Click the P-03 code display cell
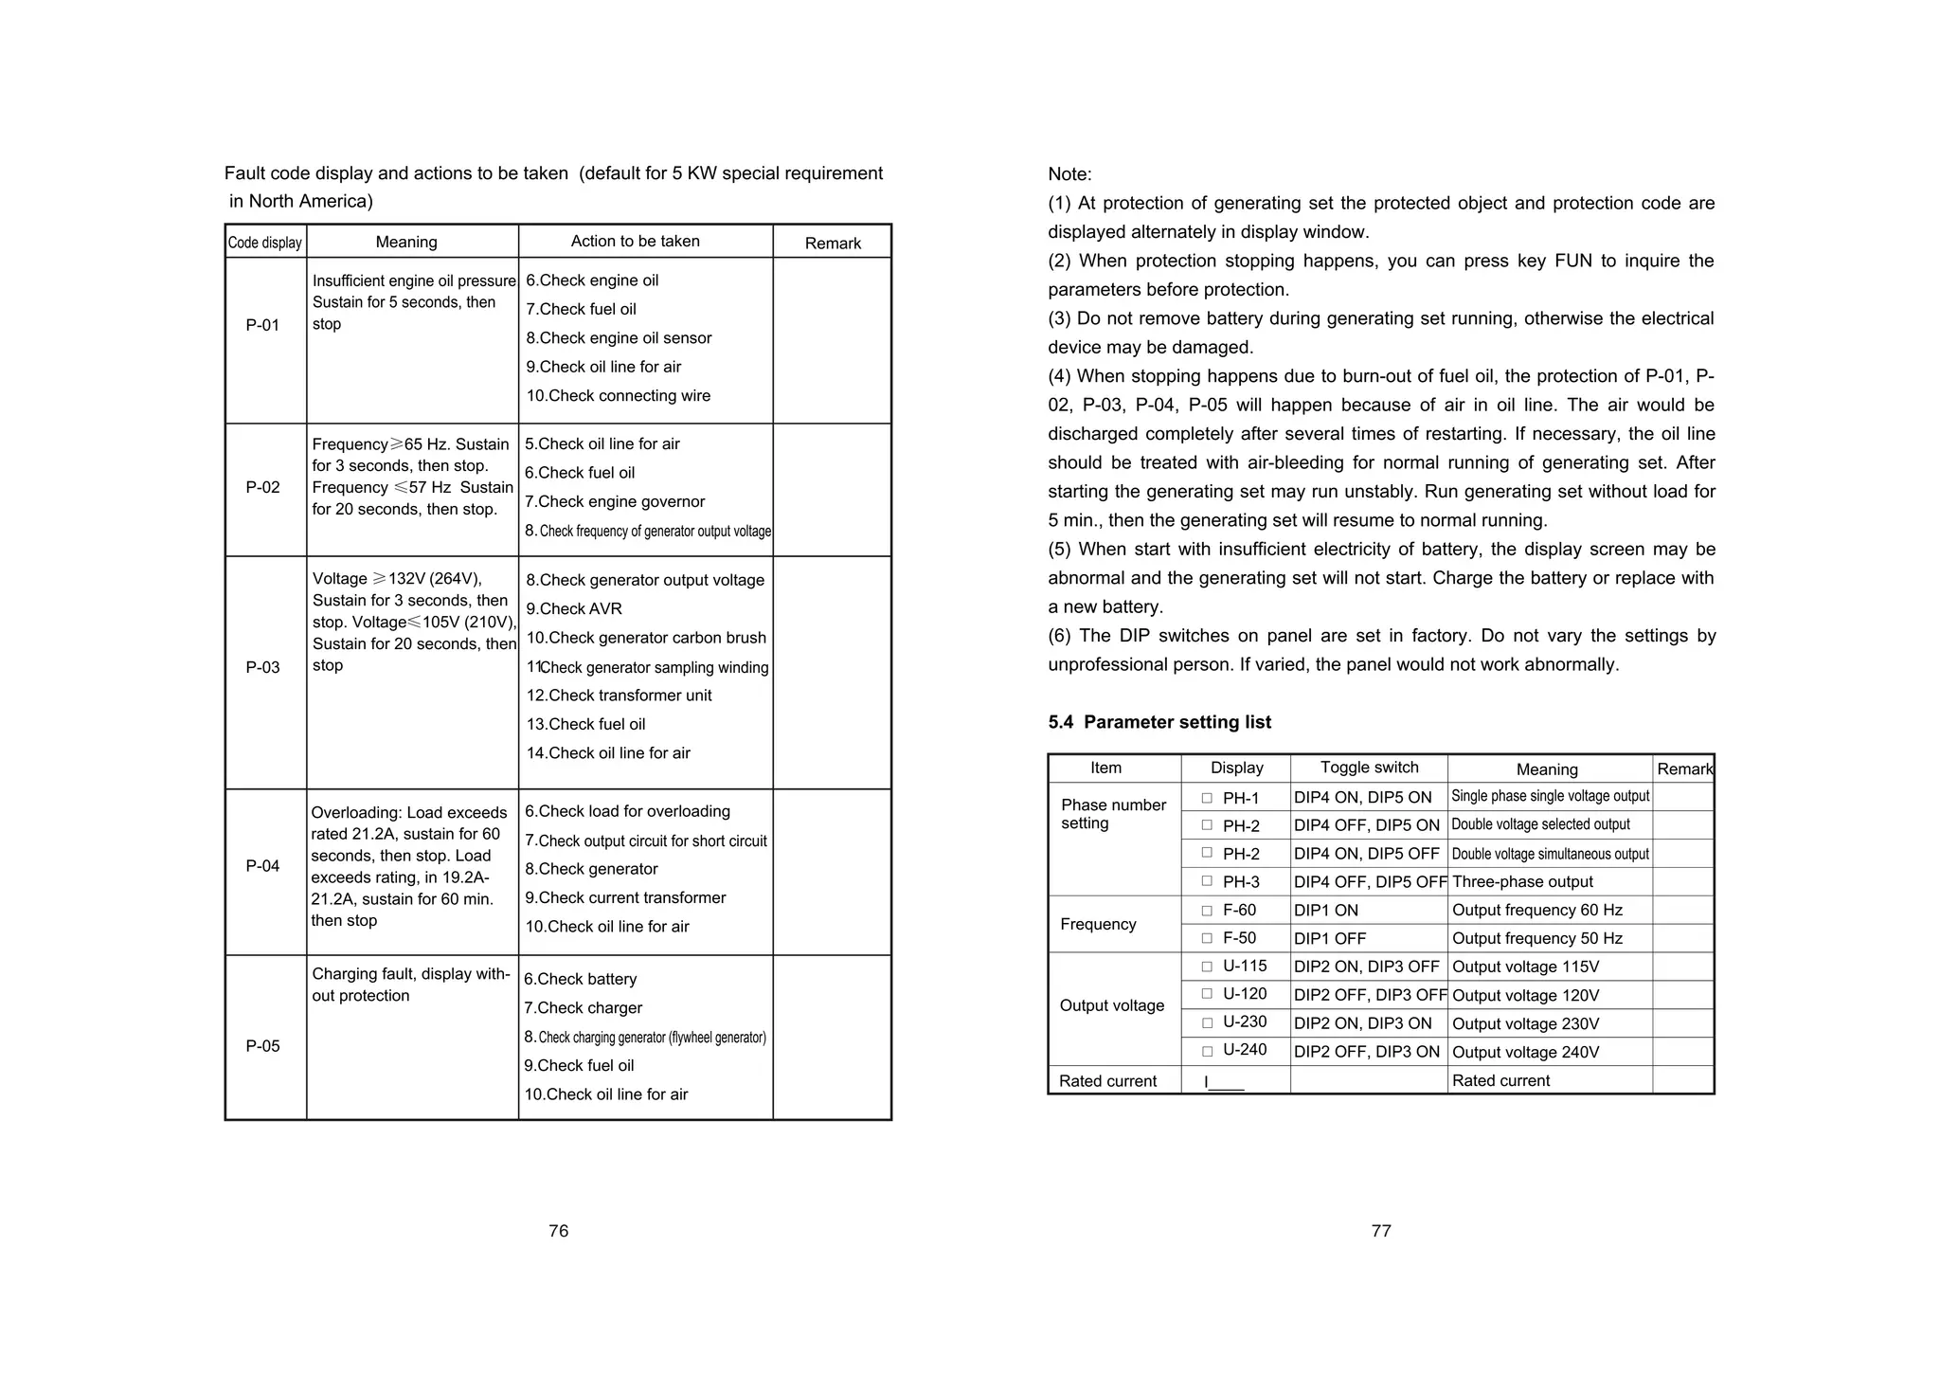click(263, 667)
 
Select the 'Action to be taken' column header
click(635, 242)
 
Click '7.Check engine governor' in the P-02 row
click(615, 502)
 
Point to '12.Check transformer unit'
click(619, 696)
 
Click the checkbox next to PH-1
click(1207, 798)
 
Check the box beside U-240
click(1207, 1051)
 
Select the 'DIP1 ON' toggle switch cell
click(1325, 911)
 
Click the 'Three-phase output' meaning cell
click(1522, 882)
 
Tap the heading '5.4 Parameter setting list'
click(1159, 722)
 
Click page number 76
click(558, 1231)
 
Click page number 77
click(1380, 1231)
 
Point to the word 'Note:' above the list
click(1069, 174)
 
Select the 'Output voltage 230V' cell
click(1525, 1024)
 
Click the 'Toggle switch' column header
click(1369, 768)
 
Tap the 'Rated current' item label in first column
click(1107, 1081)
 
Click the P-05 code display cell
click(263, 1046)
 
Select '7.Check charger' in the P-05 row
click(583, 1008)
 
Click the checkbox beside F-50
click(1207, 938)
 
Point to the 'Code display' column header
click(265, 243)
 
